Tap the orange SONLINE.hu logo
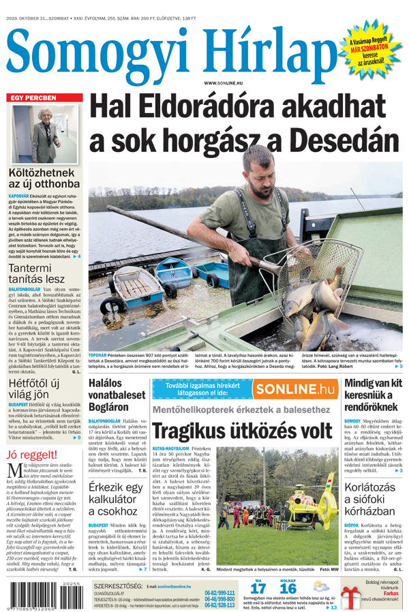(x=294, y=389)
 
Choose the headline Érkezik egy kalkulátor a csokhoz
(x=117, y=499)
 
